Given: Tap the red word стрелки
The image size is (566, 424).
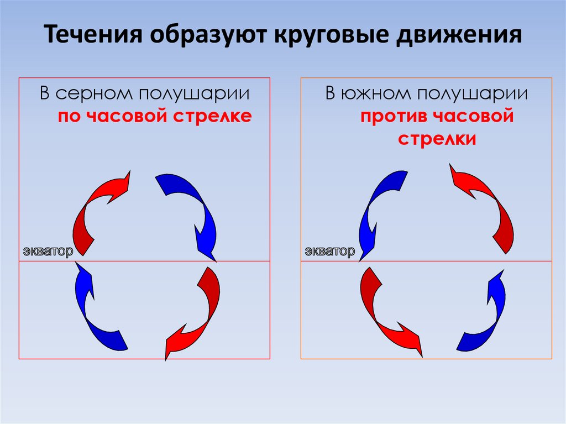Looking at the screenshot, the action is (x=437, y=139).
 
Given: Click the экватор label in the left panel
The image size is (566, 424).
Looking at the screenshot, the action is (x=48, y=252).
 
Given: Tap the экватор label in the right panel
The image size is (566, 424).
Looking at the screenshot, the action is (x=329, y=252).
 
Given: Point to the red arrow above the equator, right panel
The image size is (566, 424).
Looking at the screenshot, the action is (x=486, y=205).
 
